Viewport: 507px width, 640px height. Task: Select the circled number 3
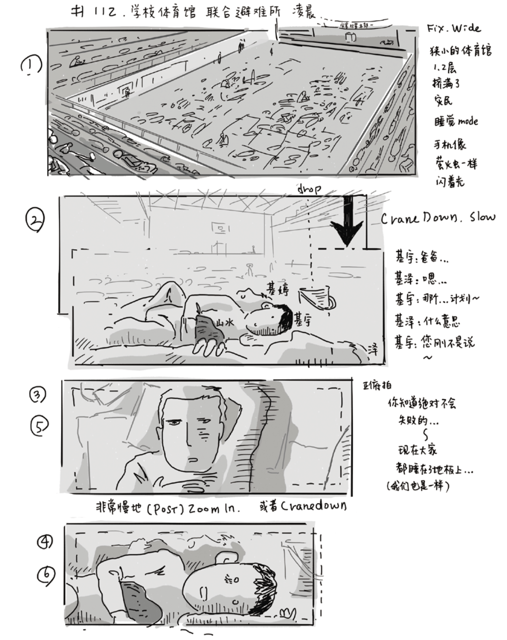[x=38, y=395]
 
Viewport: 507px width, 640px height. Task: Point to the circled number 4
[x=46, y=542]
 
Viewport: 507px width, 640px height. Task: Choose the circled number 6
[x=46, y=573]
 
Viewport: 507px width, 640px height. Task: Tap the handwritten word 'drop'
[x=309, y=189]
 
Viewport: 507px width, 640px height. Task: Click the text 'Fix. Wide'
[x=453, y=28]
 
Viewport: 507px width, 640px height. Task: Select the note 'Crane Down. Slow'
[x=438, y=218]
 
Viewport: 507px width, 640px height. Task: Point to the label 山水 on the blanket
[x=225, y=322]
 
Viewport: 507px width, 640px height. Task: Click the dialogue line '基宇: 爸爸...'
[x=421, y=258]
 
